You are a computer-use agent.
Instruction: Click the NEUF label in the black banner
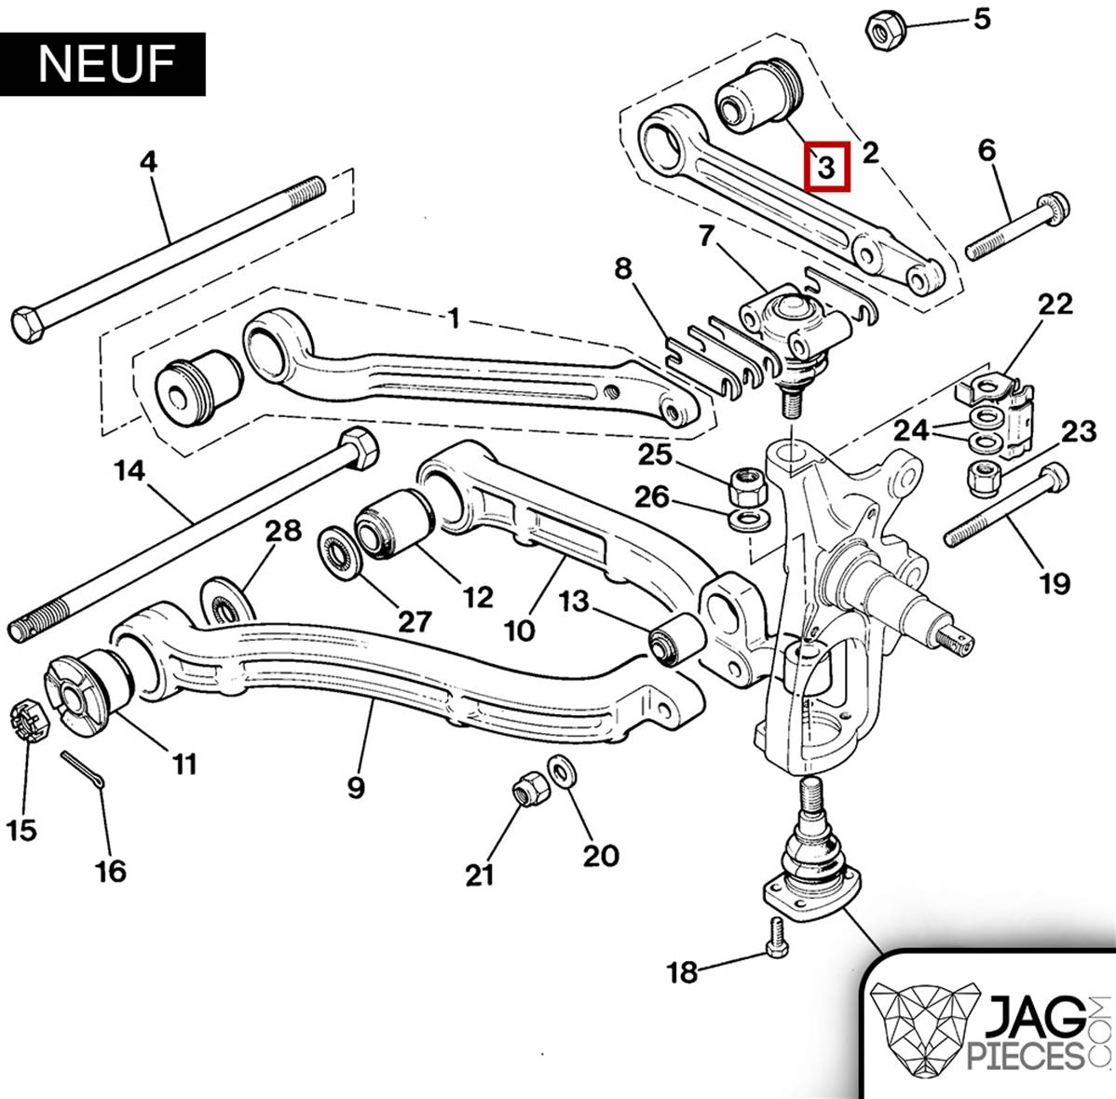(106, 63)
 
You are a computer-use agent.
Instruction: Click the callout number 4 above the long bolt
(149, 161)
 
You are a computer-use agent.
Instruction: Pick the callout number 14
(129, 472)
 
